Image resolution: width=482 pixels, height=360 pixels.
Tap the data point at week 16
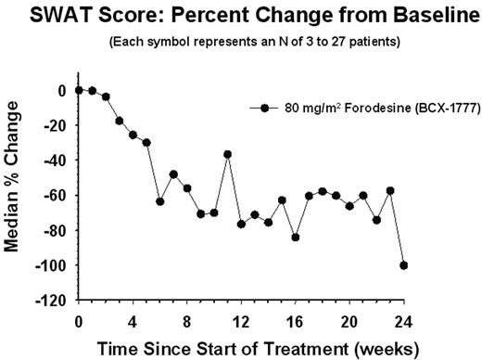296,238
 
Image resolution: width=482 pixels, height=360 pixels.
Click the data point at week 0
79,90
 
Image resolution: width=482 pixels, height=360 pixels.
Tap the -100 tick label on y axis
55,265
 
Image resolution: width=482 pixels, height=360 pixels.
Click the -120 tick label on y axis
55,301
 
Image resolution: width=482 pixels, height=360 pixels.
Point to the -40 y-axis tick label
57,161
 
